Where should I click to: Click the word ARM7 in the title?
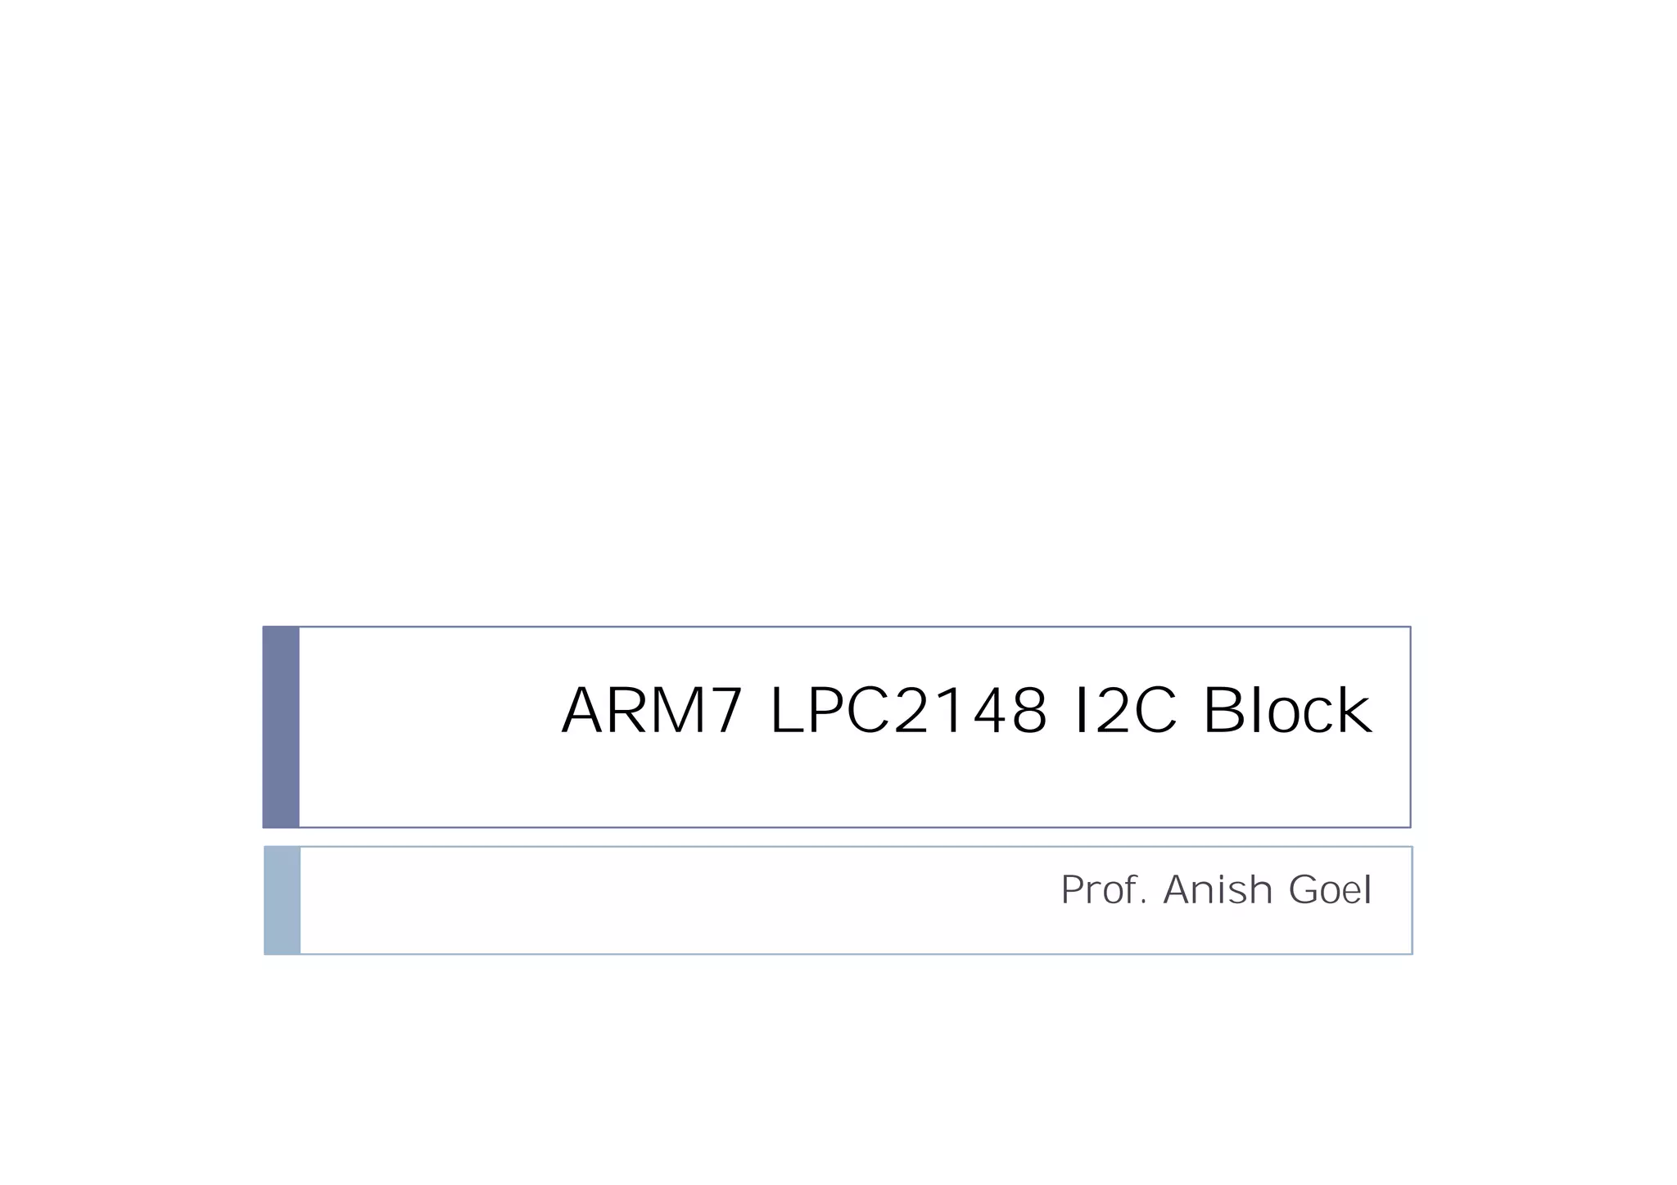[652, 711]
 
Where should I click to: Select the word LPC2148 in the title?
[908, 711]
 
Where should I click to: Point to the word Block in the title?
[1286, 711]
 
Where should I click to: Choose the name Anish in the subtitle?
[1218, 890]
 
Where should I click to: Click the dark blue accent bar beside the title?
[281, 726]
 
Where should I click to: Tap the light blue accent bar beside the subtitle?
[283, 900]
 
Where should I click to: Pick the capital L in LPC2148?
[787, 711]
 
